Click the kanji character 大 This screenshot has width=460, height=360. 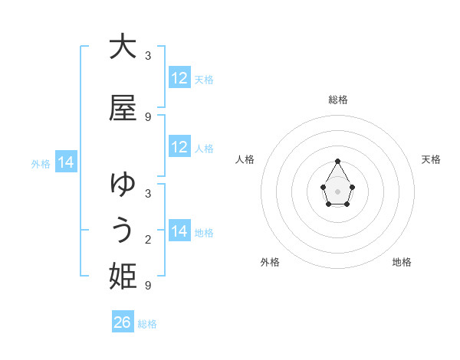click(123, 47)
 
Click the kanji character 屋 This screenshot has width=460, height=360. click(123, 108)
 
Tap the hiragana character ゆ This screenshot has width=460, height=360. click(123, 185)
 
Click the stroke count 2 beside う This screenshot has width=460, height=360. click(148, 240)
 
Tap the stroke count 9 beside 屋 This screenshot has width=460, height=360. click(148, 116)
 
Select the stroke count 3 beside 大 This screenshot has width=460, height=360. click(148, 56)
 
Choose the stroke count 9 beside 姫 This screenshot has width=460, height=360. click(148, 286)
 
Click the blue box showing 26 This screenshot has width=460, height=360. click(123, 322)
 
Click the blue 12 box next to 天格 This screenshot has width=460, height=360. click(179, 77)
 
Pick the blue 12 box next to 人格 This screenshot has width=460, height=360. click(179, 147)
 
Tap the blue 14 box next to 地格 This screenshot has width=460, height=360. click(179, 231)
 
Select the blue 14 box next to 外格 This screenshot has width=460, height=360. click(65, 162)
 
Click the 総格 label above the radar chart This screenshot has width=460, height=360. click(338, 100)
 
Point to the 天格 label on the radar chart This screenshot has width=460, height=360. click(431, 159)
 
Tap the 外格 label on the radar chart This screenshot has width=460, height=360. click(270, 263)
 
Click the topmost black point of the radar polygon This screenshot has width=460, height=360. click(337, 161)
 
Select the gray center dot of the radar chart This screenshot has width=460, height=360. click(337, 190)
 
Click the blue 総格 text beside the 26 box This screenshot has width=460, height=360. click(147, 323)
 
